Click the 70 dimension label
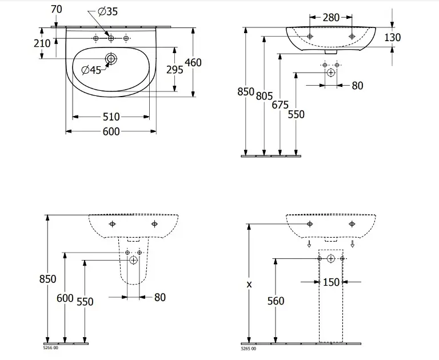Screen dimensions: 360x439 tap(56, 9)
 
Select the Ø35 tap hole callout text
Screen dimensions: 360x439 tap(107, 11)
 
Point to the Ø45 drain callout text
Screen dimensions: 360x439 tap(91, 70)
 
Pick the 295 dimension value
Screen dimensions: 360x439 tap(174, 69)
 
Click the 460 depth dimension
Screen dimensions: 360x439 tap(193, 62)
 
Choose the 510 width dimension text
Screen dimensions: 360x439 tap(111, 117)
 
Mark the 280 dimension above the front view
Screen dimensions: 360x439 tap(330, 18)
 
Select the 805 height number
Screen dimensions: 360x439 tap(264, 97)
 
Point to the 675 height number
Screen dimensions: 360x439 tap(280, 105)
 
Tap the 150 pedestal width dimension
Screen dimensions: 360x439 tap(331, 282)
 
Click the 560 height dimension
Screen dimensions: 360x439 tap(276, 301)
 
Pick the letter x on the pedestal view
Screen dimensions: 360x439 tap(249, 284)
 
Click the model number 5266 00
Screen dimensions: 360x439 tap(51, 348)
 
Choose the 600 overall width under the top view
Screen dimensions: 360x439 tap(111, 132)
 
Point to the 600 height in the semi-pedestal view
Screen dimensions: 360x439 tap(65, 298)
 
